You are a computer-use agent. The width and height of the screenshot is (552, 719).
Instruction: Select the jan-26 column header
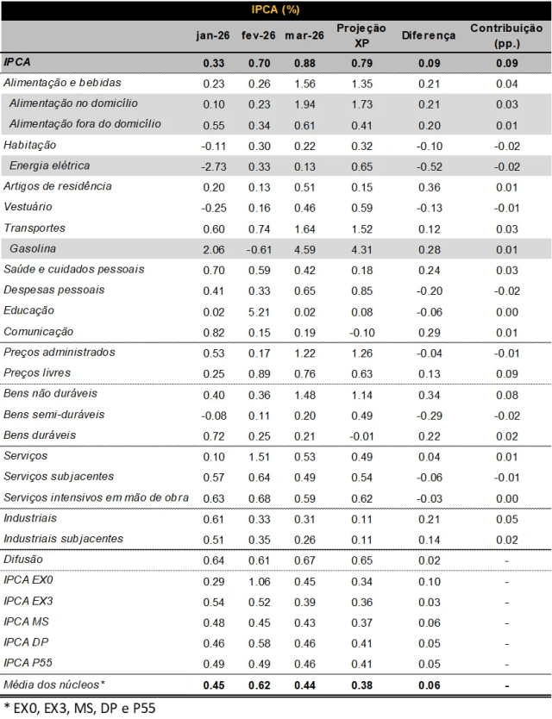(211, 35)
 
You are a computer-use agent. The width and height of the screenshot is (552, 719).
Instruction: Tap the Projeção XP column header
(361, 35)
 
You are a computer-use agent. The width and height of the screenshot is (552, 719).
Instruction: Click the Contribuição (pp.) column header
(505, 35)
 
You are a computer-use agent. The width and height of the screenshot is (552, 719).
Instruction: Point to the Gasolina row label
(33, 248)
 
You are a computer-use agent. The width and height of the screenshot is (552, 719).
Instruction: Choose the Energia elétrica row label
(49, 166)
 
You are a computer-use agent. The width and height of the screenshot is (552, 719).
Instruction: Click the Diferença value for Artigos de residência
(429, 187)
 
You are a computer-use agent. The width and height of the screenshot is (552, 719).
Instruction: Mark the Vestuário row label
(28, 207)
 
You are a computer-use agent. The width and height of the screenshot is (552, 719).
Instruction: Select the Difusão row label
(23, 560)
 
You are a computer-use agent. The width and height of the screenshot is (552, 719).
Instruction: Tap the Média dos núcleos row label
(54, 685)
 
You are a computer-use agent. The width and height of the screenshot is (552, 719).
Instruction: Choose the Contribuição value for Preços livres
(506, 373)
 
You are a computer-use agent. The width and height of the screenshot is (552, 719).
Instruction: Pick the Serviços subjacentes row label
(59, 477)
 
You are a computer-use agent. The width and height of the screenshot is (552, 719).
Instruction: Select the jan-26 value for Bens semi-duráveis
(213, 415)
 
